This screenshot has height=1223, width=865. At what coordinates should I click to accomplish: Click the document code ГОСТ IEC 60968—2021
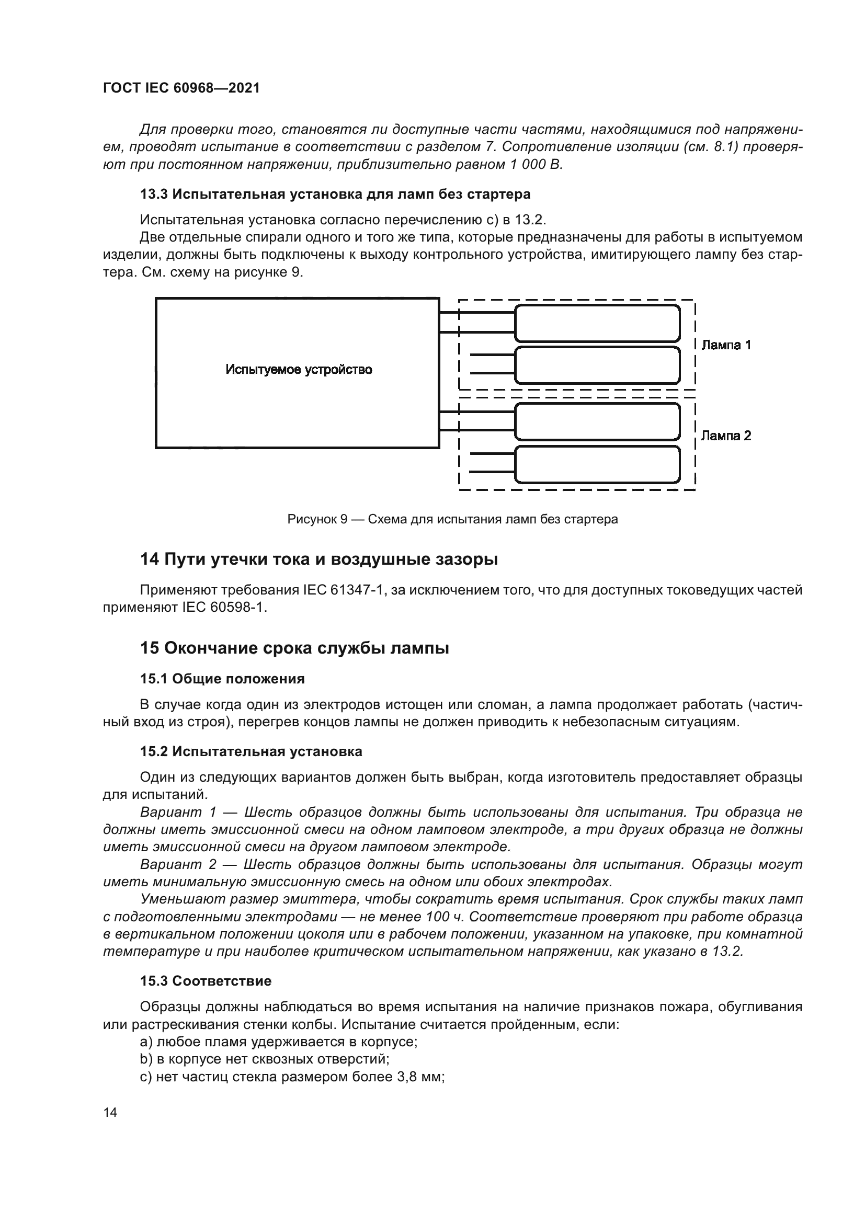(x=181, y=88)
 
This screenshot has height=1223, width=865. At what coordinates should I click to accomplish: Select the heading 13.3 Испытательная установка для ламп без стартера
(x=335, y=195)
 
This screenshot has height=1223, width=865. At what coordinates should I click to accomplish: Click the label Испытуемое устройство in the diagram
(x=298, y=370)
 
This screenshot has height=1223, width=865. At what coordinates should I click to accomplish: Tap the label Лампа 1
(x=725, y=345)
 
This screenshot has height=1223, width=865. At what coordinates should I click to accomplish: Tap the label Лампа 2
(x=725, y=436)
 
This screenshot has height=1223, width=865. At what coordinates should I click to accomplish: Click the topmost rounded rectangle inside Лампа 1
(x=597, y=323)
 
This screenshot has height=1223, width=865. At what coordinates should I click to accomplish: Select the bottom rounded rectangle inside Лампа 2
(x=597, y=464)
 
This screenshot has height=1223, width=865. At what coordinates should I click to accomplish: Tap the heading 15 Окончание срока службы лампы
(x=294, y=648)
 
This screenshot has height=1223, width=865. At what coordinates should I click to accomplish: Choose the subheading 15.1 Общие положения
(x=222, y=679)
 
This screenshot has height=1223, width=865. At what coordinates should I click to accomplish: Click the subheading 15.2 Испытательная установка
(x=251, y=751)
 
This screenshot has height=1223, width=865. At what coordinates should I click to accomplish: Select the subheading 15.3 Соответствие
(x=206, y=981)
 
